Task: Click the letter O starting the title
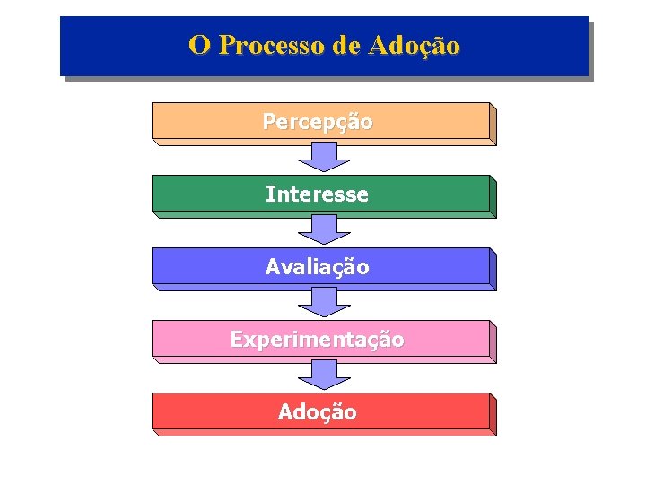[x=199, y=45]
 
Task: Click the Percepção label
[x=318, y=121]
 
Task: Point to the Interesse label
[x=317, y=194]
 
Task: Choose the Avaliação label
[x=317, y=266]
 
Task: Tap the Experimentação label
[x=317, y=340]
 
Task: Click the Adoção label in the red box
[x=317, y=412]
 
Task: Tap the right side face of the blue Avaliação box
[x=493, y=269]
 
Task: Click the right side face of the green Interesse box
[x=493, y=196]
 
